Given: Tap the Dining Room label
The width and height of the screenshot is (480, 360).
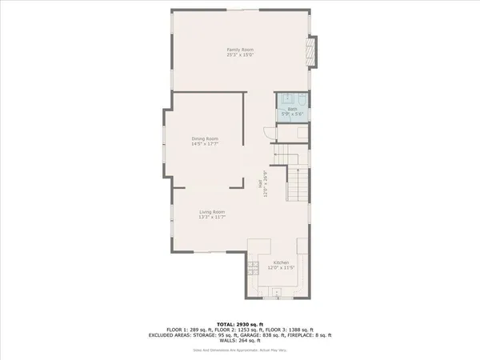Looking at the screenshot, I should coord(205,138).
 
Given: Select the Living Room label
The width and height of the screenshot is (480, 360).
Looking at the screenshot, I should coord(212,211).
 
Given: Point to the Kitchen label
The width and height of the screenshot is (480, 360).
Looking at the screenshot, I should coord(281,263).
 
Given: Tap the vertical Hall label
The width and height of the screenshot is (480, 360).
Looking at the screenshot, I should coord(260,183).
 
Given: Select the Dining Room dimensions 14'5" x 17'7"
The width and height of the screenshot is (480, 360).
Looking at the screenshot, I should coord(205,144).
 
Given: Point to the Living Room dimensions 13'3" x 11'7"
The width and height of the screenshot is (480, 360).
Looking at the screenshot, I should coord(212,217).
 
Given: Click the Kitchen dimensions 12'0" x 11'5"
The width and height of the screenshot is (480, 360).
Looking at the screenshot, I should coord(281,269).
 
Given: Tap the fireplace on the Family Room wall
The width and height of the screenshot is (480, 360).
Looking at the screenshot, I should coord(313,52).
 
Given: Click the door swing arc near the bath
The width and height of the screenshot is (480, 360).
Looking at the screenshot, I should coord(268,134).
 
